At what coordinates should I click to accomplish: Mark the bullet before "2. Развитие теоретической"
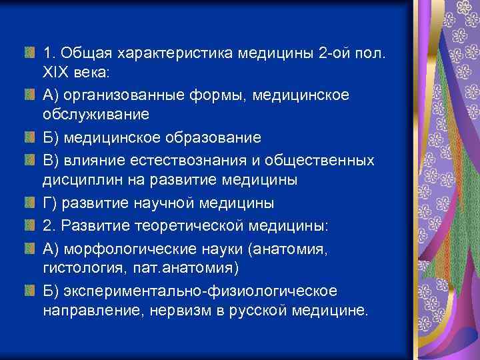point(29,226)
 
